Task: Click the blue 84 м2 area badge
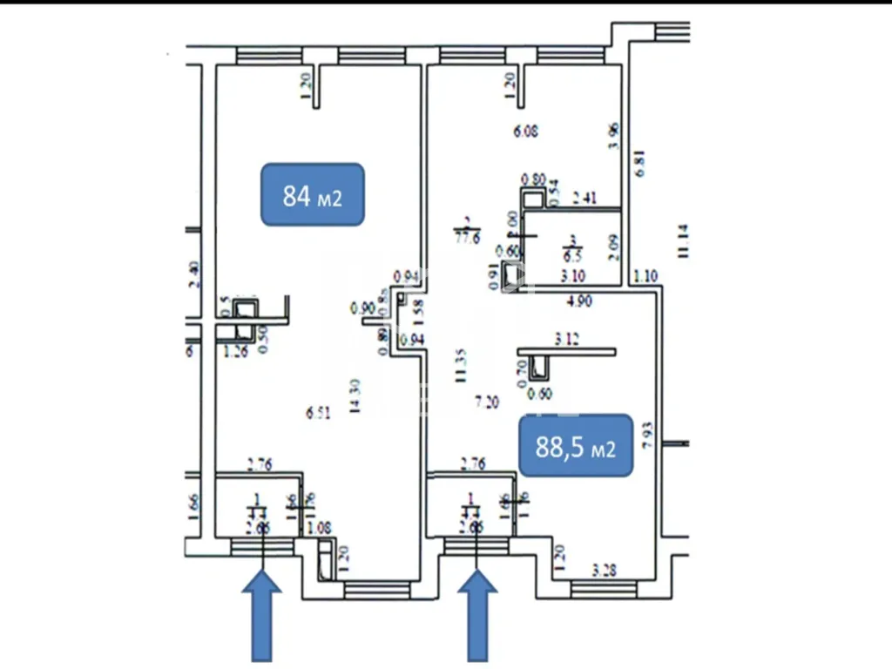click(x=312, y=195)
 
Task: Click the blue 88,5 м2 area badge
click(x=575, y=447)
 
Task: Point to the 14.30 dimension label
click(x=355, y=398)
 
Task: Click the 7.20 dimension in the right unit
click(x=487, y=402)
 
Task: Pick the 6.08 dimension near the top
click(x=525, y=132)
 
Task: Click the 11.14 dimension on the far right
click(x=683, y=241)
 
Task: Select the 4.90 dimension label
click(x=580, y=302)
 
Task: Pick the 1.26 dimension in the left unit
click(x=236, y=352)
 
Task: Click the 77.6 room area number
click(x=467, y=239)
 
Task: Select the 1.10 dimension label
click(x=645, y=277)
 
